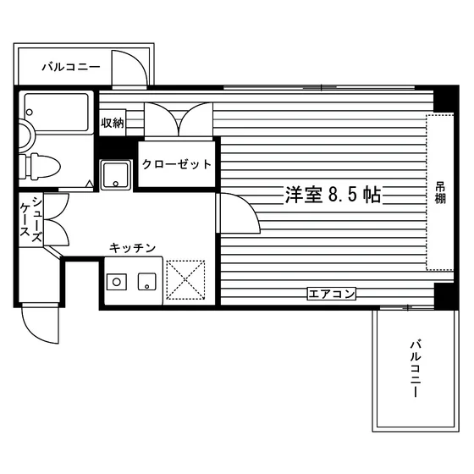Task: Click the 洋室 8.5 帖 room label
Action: (x=333, y=195)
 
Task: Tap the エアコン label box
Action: (x=331, y=294)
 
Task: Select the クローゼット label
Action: (x=177, y=164)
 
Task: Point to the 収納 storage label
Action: (x=113, y=123)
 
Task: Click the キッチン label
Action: (x=132, y=248)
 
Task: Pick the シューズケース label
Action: (x=30, y=220)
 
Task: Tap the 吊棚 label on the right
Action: (x=440, y=194)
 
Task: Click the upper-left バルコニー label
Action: (x=71, y=67)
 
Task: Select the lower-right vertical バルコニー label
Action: (x=416, y=369)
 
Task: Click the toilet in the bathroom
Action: (x=40, y=167)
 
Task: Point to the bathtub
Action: (x=56, y=113)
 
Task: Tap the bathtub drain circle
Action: (x=30, y=113)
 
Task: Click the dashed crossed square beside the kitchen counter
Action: (x=185, y=280)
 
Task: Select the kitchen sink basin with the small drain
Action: (x=147, y=282)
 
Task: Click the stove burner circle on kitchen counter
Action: (x=117, y=282)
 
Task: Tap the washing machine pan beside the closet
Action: (x=116, y=174)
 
